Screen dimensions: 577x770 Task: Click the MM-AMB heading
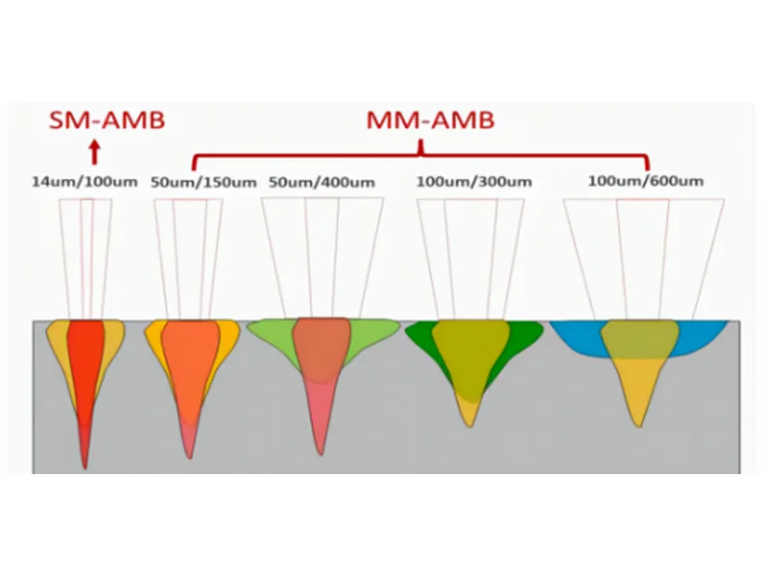[x=421, y=120]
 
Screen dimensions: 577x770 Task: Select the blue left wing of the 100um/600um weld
[x=577, y=337]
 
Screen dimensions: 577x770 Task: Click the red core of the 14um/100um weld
[x=88, y=365]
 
